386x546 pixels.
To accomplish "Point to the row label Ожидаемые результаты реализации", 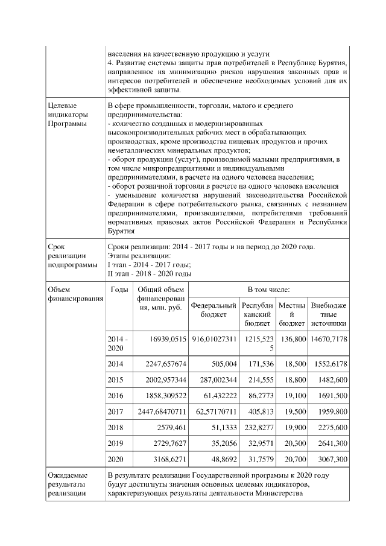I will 68,484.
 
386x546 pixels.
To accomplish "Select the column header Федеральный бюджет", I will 214,310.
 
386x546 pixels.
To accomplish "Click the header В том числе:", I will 269,290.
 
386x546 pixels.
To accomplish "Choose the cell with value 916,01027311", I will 215,340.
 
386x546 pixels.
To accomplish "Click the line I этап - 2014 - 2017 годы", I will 149,265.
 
